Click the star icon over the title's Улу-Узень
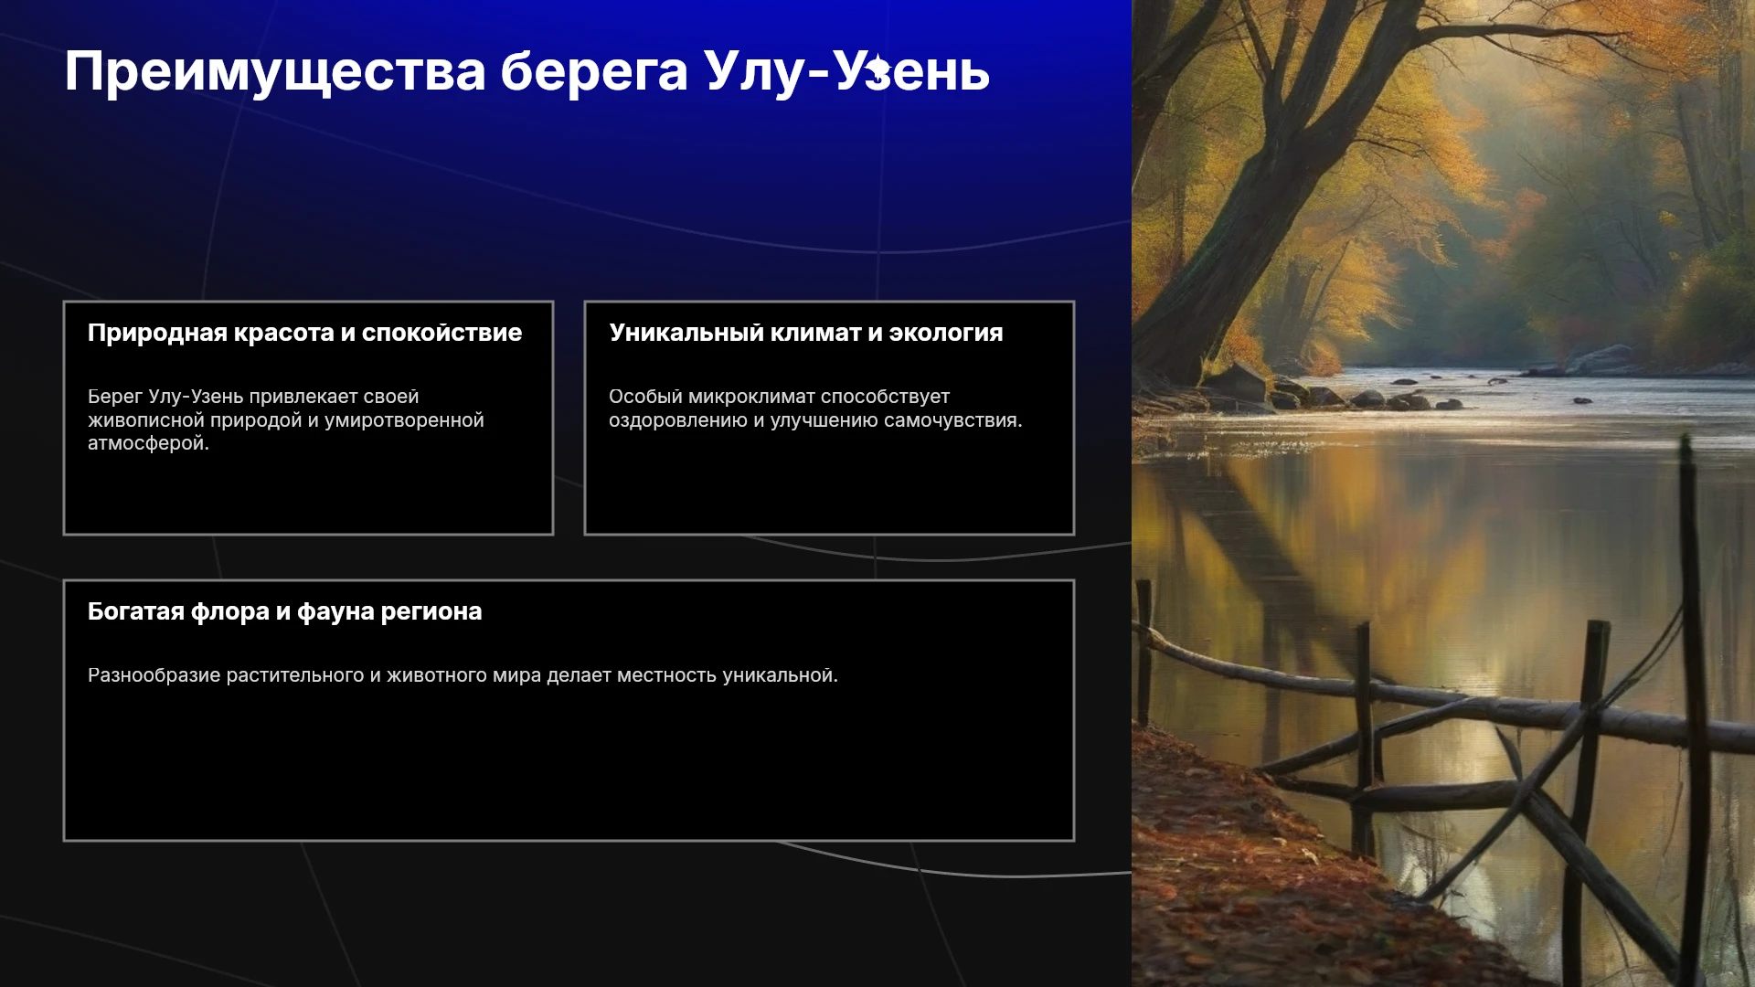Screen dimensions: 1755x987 coord(877,69)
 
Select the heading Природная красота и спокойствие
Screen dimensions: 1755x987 coord(304,333)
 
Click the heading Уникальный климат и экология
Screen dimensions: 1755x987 coord(806,333)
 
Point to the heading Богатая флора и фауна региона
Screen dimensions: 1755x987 coord(284,611)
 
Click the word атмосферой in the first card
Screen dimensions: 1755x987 coord(148,443)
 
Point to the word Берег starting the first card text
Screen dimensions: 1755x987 coord(115,397)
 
